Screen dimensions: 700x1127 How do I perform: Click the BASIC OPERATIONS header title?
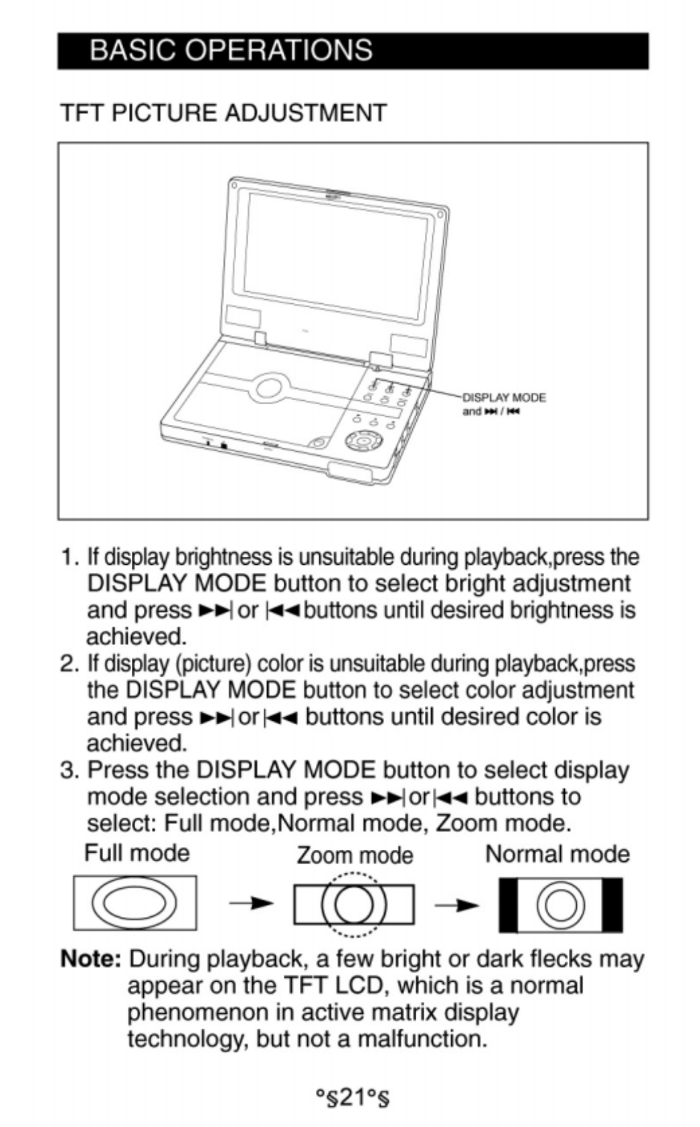click(x=230, y=51)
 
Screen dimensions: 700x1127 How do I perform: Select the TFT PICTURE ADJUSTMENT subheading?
click(x=224, y=113)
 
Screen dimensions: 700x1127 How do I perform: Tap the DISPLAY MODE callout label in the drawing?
click(x=504, y=398)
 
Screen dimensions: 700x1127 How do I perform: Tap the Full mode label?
click(x=137, y=853)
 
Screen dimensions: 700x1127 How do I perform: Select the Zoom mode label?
click(x=355, y=855)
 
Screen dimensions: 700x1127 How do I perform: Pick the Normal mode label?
click(x=557, y=854)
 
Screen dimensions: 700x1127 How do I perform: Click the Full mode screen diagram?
click(x=135, y=903)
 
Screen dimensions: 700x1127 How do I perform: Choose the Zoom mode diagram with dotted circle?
click(x=353, y=904)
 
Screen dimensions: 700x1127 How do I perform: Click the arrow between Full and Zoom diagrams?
click(x=251, y=904)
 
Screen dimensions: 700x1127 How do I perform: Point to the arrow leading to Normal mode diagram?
click(x=456, y=905)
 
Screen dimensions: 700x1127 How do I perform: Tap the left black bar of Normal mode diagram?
click(x=509, y=905)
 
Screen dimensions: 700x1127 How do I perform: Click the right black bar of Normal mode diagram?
click(x=612, y=905)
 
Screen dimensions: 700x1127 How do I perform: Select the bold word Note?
click(x=90, y=959)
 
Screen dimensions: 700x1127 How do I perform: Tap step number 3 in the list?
click(x=68, y=770)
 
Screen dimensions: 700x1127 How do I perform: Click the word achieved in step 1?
click(x=136, y=636)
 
